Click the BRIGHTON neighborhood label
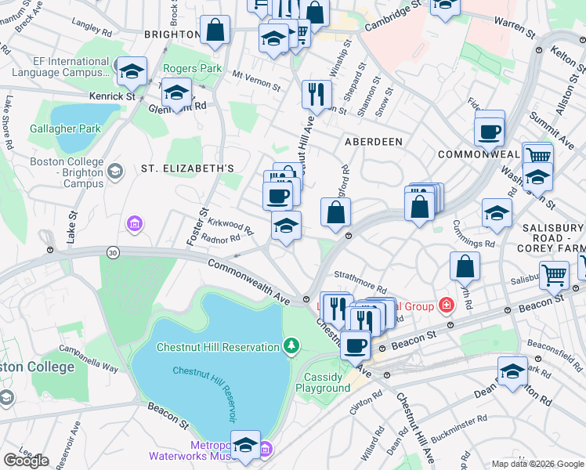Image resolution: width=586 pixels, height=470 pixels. pyautogui.click(x=172, y=34)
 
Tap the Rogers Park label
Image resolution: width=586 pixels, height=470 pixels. pyautogui.click(x=193, y=69)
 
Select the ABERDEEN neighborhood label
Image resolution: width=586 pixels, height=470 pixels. pyautogui.click(x=374, y=142)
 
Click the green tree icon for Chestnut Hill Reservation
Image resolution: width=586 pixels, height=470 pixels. pyautogui.click(x=291, y=345)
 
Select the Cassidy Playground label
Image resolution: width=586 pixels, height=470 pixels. pyautogui.click(x=327, y=383)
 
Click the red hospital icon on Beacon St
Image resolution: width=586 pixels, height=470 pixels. pyautogui.click(x=446, y=305)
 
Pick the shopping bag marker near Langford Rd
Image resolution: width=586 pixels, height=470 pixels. pyautogui.click(x=335, y=211)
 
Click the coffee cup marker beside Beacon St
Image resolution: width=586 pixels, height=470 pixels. pyautogui.click(x=355, y=344)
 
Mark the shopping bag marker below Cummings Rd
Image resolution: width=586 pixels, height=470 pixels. pyautogui.click(x=465, y=266)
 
